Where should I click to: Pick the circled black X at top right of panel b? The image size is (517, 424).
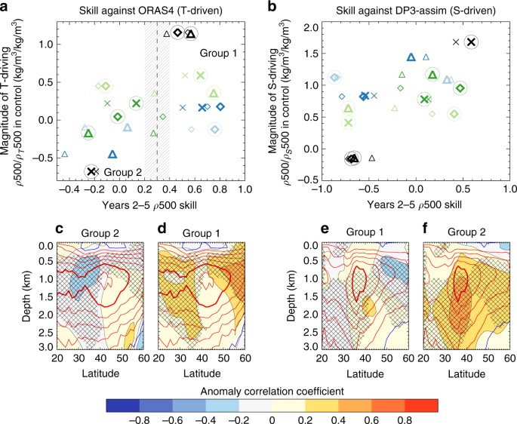pos(471,42)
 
